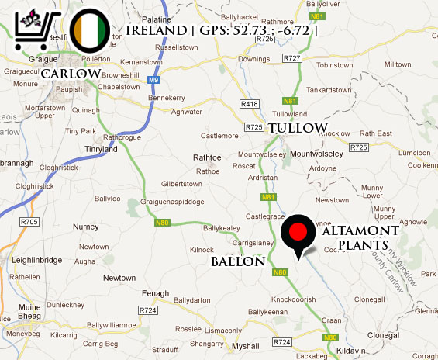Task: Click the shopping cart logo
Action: pos(38,28)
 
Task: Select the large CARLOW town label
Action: pos(71,73)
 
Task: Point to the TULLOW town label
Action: pos(298,127)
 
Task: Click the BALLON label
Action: pos(238,262)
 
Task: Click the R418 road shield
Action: pos(250,103)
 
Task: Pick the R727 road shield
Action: pos(292,58)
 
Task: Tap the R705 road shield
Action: pos(29,222)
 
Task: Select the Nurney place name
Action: pos(85,227)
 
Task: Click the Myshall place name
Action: pos(246,346)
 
